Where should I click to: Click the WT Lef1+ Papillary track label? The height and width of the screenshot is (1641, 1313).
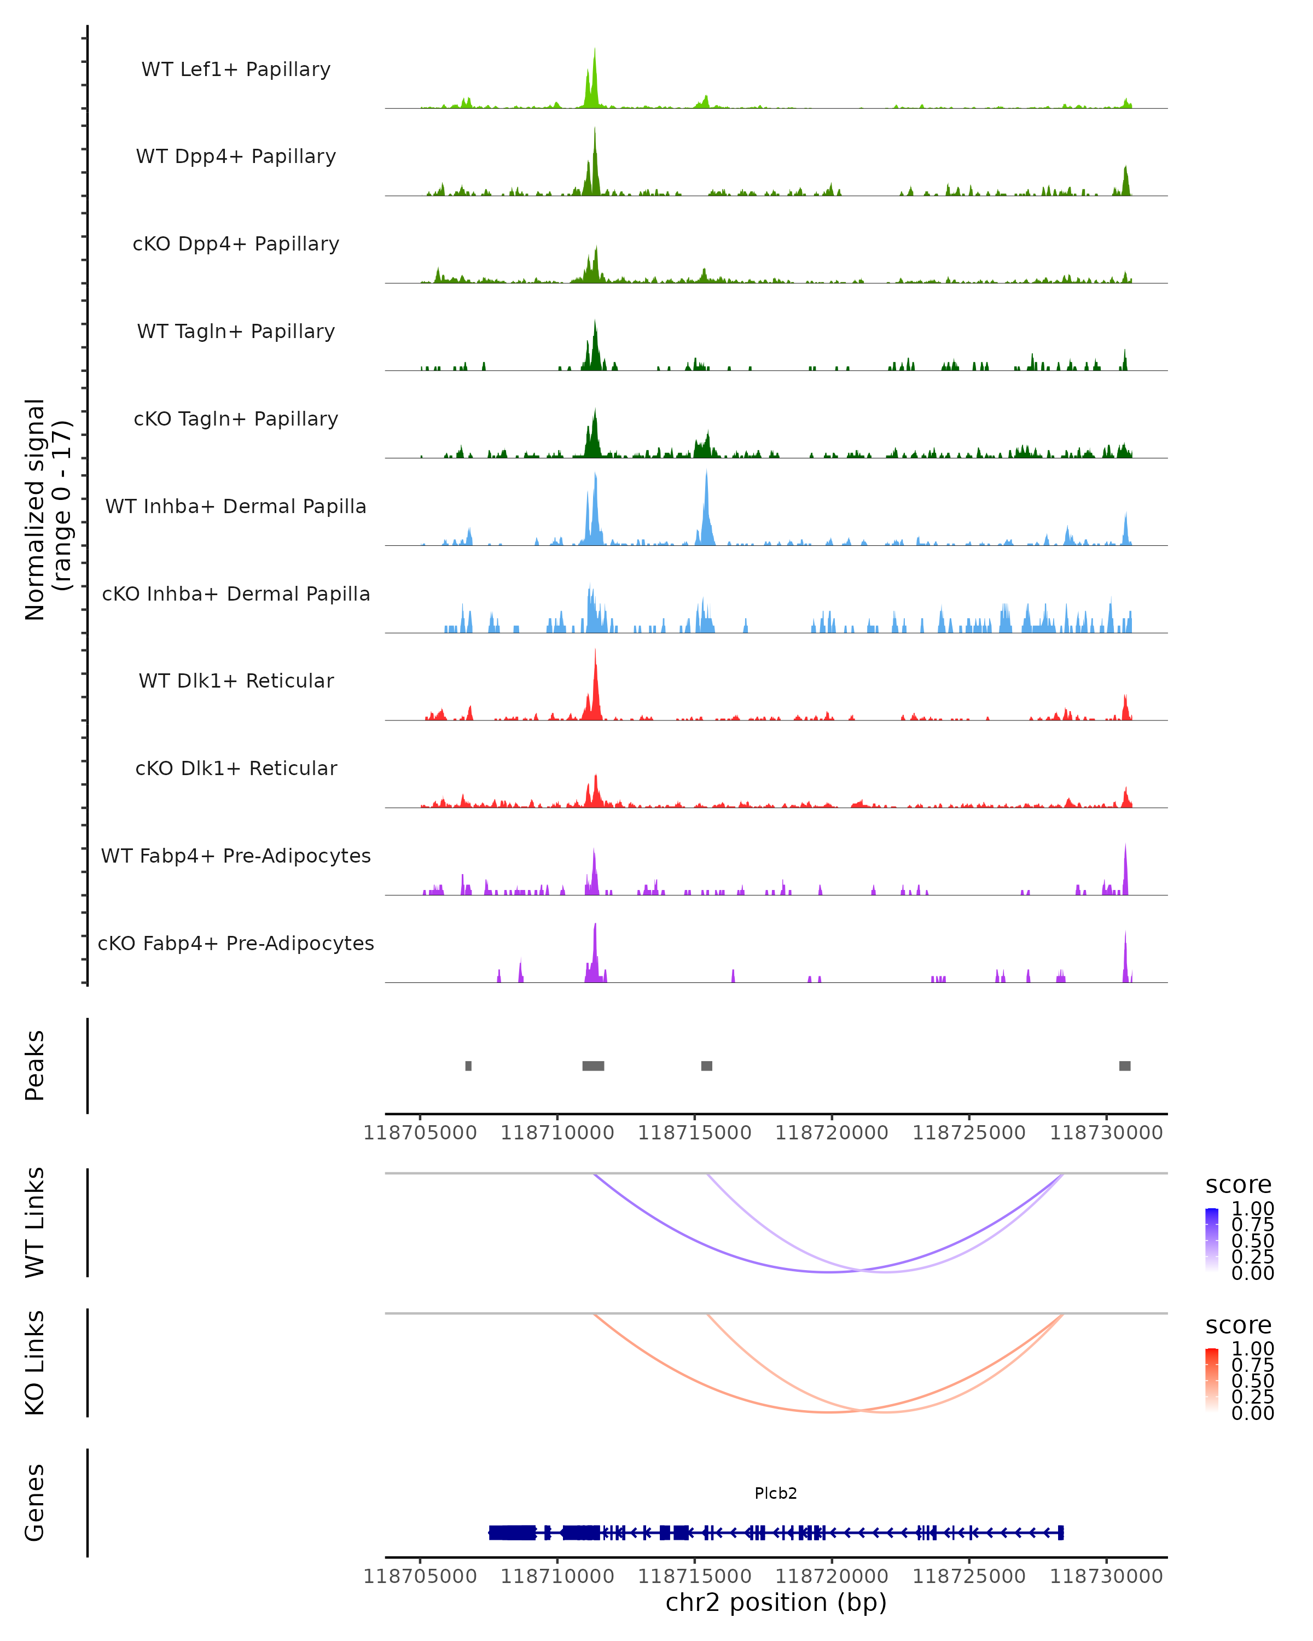tap(236, 69)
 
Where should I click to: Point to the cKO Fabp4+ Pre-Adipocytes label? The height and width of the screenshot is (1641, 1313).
tap(236, 943)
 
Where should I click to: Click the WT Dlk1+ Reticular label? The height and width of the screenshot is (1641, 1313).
tap(236, 680)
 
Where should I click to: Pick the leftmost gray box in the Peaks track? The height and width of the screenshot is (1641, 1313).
tap(468, 1066)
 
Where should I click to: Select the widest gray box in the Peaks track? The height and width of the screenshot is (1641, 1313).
tap(593, 1066)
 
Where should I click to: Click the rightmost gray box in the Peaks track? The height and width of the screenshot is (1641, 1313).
tap(1124, 1066)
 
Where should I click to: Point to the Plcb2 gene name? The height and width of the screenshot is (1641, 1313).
tap(776, 1493)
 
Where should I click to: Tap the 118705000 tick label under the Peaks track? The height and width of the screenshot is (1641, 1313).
tap(420, 1133)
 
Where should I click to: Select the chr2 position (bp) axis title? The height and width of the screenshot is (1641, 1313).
tap(776, 1602)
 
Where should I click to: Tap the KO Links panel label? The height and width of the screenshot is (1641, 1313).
tap(35, 1363)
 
